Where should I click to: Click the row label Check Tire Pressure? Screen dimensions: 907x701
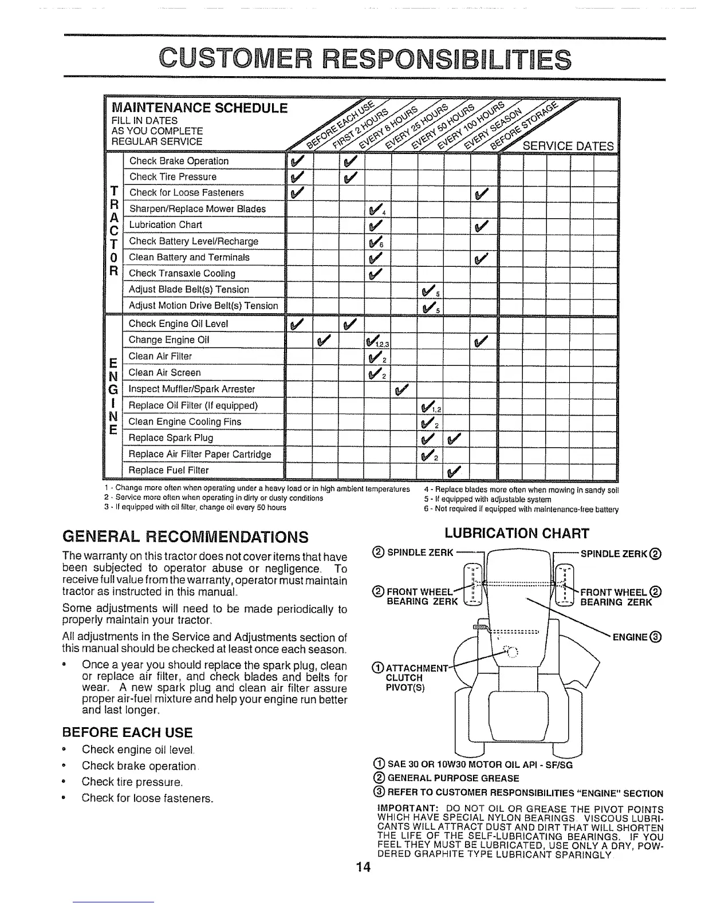(173, 177)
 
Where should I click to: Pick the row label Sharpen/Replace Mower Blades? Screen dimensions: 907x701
(197, 209)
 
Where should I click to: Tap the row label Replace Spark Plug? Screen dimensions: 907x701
(171, 438)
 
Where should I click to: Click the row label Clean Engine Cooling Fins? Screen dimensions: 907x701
(185, 422)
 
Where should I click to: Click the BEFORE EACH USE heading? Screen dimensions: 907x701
(127, 733)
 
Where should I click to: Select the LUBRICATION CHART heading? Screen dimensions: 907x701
(517, 534)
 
